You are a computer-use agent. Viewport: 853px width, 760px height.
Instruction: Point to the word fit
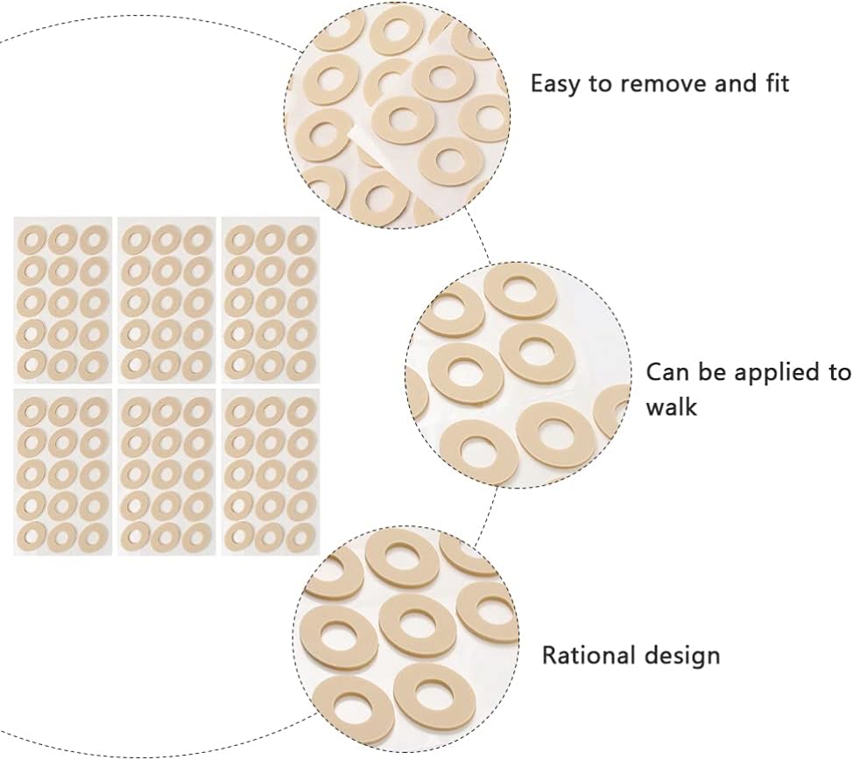coord(773,84)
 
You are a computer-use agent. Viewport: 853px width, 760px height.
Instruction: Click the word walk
coord(672,407)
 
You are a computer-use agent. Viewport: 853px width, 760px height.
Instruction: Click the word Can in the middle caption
coord(667,372)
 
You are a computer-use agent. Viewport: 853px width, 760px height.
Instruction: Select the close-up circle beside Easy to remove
coord(398,114)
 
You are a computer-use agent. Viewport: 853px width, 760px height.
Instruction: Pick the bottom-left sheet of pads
coord(63,472)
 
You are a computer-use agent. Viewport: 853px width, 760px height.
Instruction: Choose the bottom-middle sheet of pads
coord(167,472)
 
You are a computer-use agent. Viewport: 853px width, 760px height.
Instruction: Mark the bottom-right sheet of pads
coord(271,472)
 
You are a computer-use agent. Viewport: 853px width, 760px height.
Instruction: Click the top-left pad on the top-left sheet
coord(32,237)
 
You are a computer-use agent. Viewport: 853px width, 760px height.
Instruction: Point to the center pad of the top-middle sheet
coord(166,300)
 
